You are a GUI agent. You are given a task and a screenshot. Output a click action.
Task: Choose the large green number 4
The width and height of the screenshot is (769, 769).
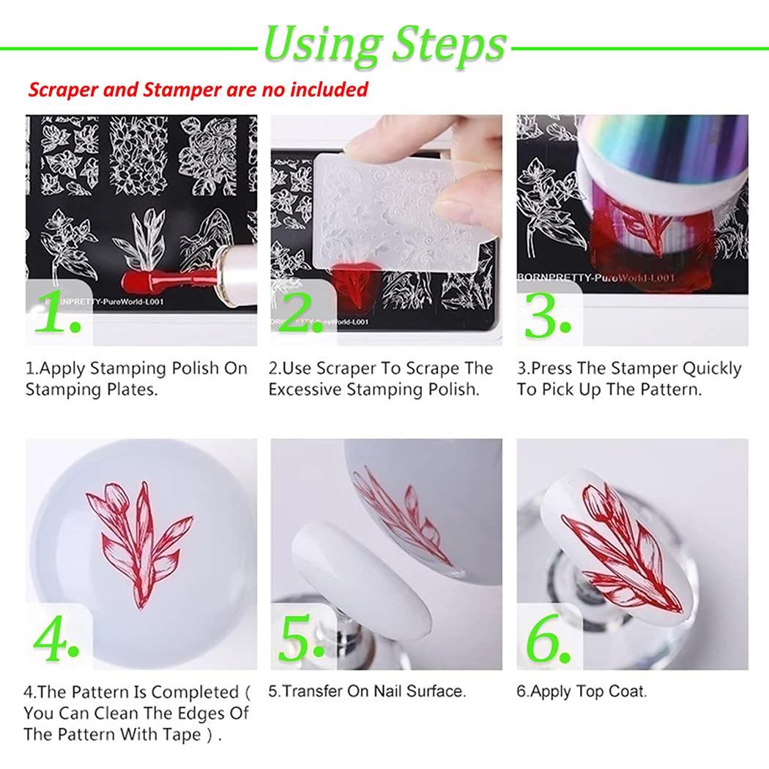56,638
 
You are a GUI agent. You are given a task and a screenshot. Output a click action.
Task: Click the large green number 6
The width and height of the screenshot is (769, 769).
548,638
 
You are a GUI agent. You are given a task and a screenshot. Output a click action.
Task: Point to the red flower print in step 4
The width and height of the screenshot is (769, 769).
140,540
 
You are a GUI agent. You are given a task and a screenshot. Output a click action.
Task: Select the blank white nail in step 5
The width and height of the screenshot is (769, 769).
360,573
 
